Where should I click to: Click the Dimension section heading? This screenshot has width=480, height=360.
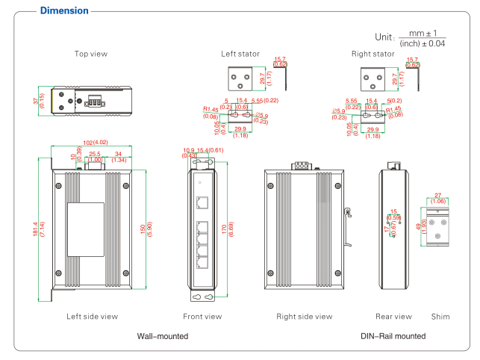[63, 11]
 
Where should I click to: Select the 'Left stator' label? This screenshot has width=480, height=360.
[240, 54]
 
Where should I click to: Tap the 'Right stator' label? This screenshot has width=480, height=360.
[373, 54]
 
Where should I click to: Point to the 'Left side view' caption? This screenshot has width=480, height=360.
[92, 317]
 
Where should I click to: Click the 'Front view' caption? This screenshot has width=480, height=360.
[202, 317]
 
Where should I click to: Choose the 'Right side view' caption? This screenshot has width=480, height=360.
[305, 317]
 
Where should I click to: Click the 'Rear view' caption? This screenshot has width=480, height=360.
[393, 317]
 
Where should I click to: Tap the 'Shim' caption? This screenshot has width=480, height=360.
[440, 317]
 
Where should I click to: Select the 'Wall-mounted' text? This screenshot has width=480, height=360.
[163, 337]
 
